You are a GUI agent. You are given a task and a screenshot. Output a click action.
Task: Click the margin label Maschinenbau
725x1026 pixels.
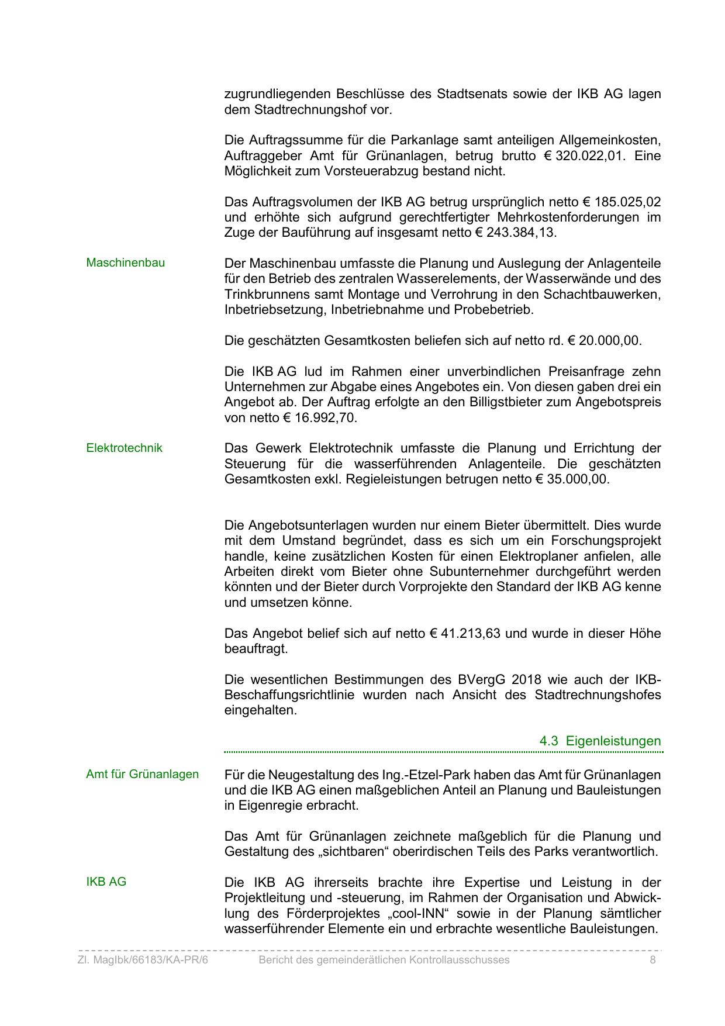tap(125, 263)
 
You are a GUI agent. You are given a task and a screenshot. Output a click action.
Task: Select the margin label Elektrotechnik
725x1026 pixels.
tap(124, 448)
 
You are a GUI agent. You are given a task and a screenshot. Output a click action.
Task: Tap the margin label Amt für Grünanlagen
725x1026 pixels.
tap(142, 775)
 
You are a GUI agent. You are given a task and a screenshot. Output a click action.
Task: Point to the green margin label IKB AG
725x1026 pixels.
tap(106, 882)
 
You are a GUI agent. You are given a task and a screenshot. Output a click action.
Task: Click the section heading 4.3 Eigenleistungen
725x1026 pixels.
tap(600, 741)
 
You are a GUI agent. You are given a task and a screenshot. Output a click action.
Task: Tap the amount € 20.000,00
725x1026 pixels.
tap(605, 341)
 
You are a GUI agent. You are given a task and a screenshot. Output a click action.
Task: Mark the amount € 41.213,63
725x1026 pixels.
tap(465, 634)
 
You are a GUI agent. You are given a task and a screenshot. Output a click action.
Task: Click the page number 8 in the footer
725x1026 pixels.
tap(652, 960)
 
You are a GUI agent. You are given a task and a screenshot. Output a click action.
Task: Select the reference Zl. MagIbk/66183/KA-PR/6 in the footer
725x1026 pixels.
tap(143, 960)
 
